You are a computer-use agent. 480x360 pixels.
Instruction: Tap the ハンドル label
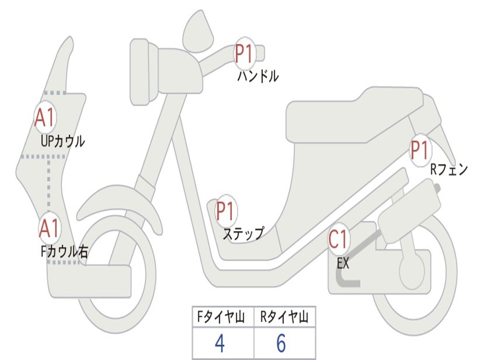click(258, 75)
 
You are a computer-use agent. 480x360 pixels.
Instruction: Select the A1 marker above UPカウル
click(45, 118)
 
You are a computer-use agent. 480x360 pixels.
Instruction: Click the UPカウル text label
click(63, 141)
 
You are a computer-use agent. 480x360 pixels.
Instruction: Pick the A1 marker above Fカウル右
click(49, 228)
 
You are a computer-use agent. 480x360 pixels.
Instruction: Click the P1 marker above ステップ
click(225, 211)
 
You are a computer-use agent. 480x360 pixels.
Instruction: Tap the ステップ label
click(243, 233)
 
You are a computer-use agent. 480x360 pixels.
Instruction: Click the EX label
click(343, 263)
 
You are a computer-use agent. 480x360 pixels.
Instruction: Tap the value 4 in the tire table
click(219, 344)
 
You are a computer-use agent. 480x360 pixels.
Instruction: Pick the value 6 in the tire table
click(281, 344)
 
